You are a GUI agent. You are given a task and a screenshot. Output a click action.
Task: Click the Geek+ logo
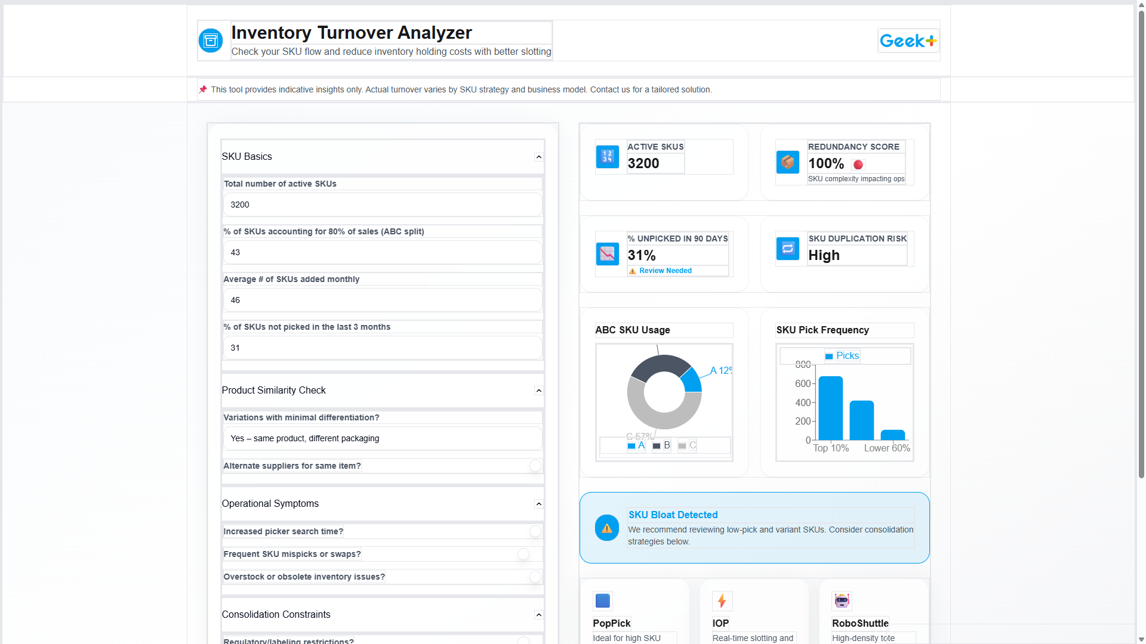tap(908, 41)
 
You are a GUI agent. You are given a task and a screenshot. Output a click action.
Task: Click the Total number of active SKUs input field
tap(382, 205)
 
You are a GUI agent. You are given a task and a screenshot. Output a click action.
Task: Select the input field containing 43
tap(382, 252)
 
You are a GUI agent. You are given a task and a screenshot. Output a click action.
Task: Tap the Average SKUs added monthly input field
tap(382, 300)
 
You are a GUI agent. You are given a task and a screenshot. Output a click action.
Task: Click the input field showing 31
tap(382, 348)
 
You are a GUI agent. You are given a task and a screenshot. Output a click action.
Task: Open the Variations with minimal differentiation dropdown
tap(382, 438)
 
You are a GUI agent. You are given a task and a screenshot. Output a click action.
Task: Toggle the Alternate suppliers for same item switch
tap(535, 466)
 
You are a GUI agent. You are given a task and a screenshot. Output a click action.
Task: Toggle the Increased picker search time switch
tap(535, 531)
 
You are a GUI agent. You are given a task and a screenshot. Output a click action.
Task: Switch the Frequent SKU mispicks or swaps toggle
tap(524, 554)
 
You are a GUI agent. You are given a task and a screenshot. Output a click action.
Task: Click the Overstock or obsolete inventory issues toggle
tap(535, 577)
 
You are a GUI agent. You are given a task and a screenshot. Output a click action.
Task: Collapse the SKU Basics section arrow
tap(538, 157)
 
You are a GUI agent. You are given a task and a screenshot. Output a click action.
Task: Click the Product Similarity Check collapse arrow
tap(538, 391)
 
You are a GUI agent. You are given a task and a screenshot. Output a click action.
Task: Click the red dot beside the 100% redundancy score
tap(858, 165)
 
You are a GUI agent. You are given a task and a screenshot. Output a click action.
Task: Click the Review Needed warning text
tap(665, 271)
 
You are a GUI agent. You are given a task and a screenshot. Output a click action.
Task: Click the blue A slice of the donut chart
tap(692, 380)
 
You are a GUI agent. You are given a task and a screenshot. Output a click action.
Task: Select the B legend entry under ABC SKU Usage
tap(661, 445)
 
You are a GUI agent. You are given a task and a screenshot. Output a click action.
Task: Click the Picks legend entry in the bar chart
tap(842, 356)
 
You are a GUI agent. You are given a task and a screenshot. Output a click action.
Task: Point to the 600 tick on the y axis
tap(803, 383)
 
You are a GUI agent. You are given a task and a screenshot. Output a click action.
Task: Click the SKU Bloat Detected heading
tap(673, 515)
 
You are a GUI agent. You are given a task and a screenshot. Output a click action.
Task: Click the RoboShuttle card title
tap(860, 623)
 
